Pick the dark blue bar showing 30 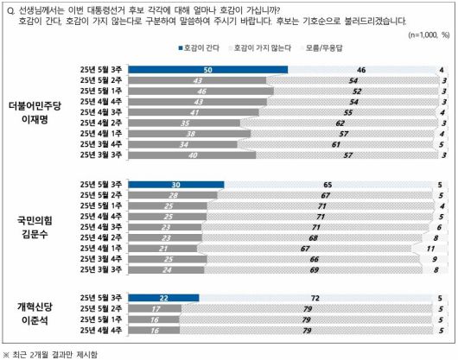pos(175,184)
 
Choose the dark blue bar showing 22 pos(163,298)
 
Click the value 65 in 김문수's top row pos(328,184)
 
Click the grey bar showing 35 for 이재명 pos(184,123)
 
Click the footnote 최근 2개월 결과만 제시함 pos(61,353)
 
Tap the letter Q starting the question pos(10,9)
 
